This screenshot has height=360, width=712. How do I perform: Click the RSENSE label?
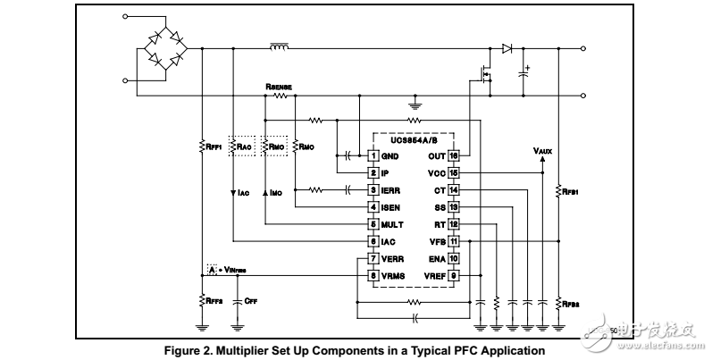279,87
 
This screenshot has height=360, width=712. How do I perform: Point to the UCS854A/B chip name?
413,140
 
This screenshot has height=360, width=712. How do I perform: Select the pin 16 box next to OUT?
453,155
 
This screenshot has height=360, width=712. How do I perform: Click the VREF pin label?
432,276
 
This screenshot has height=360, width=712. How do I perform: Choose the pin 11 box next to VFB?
453,241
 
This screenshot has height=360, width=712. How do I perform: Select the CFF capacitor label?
251,302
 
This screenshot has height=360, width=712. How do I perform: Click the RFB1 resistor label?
569,190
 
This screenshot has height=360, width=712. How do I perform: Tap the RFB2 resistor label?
569,302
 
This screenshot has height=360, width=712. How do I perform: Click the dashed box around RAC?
242,146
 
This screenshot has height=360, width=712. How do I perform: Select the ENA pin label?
435,258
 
